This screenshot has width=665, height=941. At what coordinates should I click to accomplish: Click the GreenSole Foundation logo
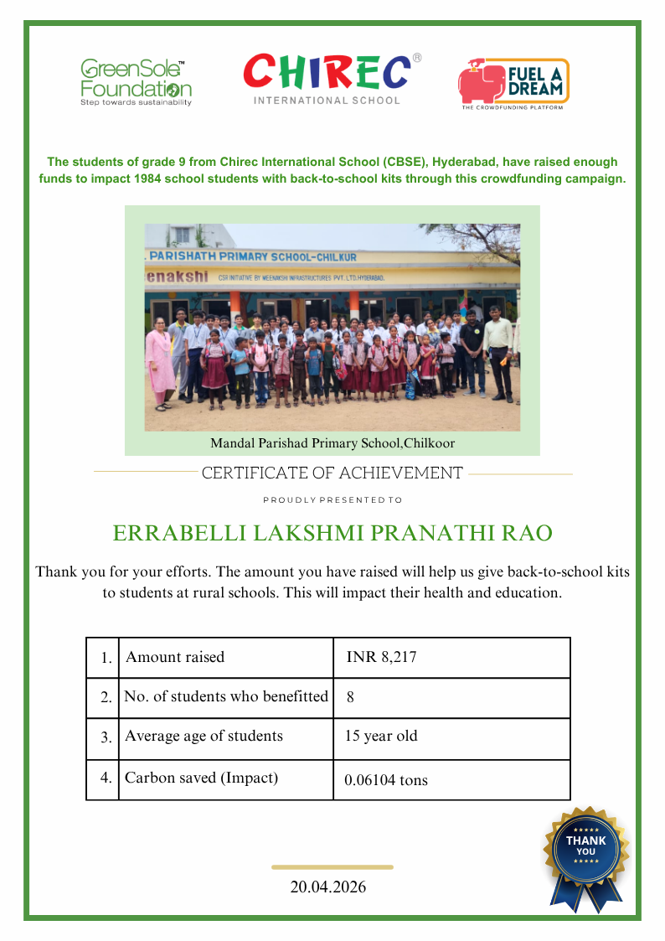coord(136,82)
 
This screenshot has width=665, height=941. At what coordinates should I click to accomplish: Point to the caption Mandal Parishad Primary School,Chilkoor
coord(332,443)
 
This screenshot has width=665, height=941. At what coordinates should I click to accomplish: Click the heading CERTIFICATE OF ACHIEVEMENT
coord(332,473)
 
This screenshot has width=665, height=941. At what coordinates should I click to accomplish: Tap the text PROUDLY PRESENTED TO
coord(332,500)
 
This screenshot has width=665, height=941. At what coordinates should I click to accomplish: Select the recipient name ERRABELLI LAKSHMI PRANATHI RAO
coord(332,534)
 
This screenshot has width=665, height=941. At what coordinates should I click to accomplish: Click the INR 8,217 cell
coord(381,658)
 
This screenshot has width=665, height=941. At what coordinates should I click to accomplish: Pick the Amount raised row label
coord(175,658)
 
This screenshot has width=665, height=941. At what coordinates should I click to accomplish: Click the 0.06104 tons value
coord(386,780)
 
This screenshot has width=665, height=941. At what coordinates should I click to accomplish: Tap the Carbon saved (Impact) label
coord(201,778)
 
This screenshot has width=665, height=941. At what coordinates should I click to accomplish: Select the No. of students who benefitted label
coord(226,696)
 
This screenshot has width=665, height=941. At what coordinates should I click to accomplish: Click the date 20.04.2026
coord(328,887)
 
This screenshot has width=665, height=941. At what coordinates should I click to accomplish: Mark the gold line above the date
coord(332,867)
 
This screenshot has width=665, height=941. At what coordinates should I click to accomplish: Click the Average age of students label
coord(204,737)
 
